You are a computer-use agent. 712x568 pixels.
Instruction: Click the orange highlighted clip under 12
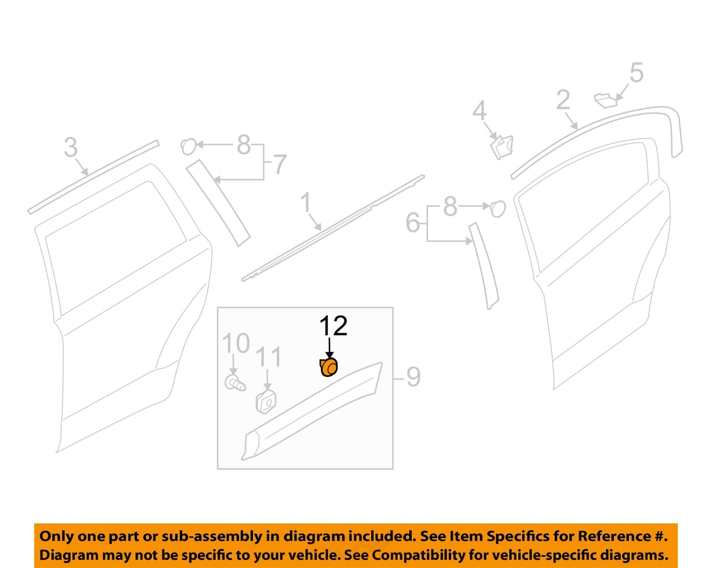pos(328,368)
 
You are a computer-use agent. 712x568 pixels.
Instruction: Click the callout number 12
pos(333,326)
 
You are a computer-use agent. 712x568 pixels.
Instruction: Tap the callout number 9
pos(413,377)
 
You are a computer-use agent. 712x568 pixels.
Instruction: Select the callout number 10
pos(236,344)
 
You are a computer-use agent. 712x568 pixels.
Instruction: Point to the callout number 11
pos(269,357)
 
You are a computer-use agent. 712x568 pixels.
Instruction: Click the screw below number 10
pos(234,382)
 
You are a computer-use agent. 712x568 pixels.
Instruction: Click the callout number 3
pos(71,148)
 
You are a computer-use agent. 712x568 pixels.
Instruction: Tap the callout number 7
pos(279,165)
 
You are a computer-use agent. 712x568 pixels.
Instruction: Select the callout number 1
pos(306,203)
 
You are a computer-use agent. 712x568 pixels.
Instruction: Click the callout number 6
pos(413,223)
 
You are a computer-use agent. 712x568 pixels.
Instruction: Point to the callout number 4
pos(479,111)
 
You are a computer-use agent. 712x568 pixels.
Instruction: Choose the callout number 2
pos(563,101)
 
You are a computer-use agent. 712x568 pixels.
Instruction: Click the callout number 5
pos(636,73)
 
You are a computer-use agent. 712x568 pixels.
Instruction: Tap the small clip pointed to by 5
pos(605,100)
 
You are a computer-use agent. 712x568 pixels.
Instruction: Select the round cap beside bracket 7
pos(188,146)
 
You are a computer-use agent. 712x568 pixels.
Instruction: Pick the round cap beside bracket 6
pos(497,208)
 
